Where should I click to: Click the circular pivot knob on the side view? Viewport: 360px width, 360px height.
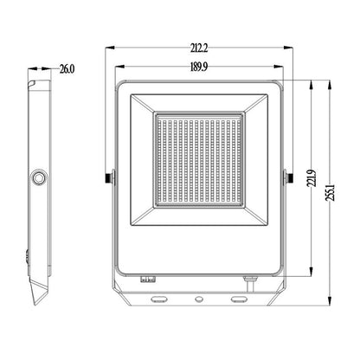tap(39, 177)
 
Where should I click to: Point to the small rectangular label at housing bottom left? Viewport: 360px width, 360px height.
tap(147, 279)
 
